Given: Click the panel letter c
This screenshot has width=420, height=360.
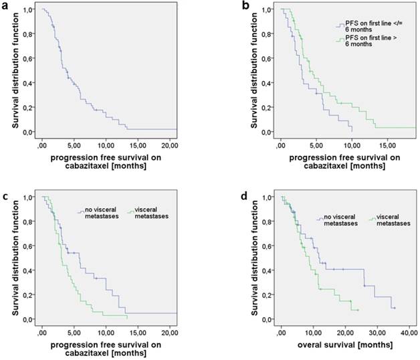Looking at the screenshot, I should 6,195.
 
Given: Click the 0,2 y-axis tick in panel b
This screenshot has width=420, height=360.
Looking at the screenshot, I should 266,108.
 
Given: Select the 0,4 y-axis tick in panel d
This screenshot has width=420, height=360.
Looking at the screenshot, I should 266,271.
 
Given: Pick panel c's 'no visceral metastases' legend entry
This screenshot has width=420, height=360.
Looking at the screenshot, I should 100,215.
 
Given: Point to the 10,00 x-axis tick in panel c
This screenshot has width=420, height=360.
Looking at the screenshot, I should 106,333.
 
